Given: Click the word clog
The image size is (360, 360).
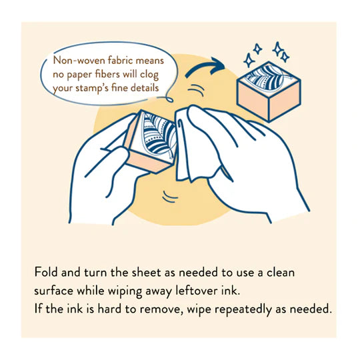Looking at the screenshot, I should coord(165,73).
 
